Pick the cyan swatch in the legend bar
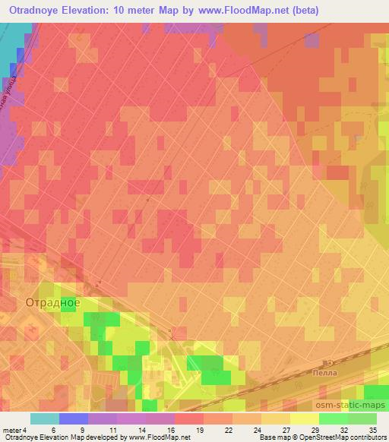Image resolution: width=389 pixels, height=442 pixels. (x=45, y=418)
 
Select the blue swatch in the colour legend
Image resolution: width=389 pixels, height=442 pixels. (x=74, y=418)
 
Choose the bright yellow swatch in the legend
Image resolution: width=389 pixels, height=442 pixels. (x=305, y=418)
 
